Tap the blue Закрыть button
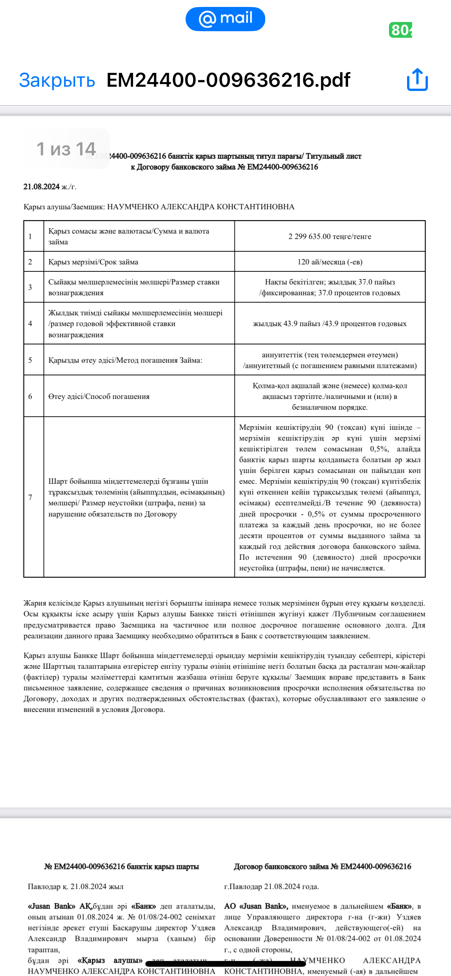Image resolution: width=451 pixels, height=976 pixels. (x=57, y=81)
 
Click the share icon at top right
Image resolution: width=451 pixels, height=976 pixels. (x=417, y=80)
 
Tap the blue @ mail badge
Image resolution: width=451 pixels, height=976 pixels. (x=225, y=19)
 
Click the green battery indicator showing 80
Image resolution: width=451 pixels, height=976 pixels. (x=401, y=30)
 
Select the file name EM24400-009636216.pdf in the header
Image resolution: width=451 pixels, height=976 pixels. (x=228, y=80)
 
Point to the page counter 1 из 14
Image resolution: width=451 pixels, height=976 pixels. (x=66, y=149)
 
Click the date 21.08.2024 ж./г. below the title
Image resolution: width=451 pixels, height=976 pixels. (x=50, y=187)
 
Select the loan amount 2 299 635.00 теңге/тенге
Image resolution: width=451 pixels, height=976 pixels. (x=330, y=236)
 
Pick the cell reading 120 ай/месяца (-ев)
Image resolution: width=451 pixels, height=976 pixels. (x=330, y=262)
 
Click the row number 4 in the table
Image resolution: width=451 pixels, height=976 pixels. (x=30, y=323)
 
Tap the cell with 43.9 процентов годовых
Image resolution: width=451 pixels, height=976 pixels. (x=330, y=323)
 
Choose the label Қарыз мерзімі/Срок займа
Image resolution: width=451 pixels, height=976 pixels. (x=93, y=262)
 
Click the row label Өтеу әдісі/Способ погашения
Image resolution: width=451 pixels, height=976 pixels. (x=99, y=396)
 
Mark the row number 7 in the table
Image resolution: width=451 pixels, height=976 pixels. (x=30, y=497)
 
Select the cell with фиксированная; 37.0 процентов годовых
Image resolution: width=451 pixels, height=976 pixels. (x=330, y=288)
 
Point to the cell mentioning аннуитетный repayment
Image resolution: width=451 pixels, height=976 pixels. (x=330, y=360)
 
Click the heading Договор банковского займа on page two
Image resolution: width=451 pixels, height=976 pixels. (x=322, y=867)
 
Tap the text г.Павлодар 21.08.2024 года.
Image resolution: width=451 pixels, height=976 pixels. (x=271, y=887)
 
